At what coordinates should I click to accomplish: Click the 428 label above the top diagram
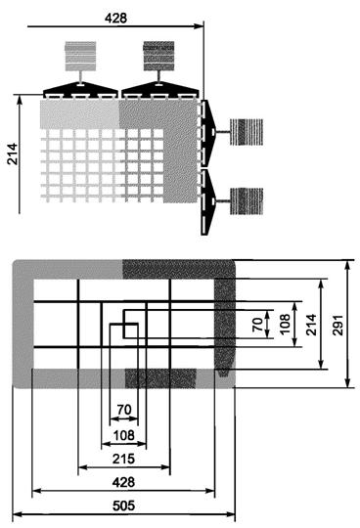pyautogui.click(x=115, y=18)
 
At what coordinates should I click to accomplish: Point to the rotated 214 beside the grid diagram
pyautogui.click(x=13, y=154)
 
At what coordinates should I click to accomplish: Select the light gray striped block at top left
pyautogui.click(x=80, y=56)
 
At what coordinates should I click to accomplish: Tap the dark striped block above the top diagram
pyautogui.click(x=158, y=56)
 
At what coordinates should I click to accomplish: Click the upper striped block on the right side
pyautogui.click(x=247, y=132)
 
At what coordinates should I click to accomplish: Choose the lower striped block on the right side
pyautogui.click(x=247, y=201)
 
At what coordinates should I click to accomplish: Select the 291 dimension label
pyautogui.click(x=337, y=325)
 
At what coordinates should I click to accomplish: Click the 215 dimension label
pyautogui.click(x=123, y=459)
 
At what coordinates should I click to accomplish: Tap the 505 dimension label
pyautogui.click(x=123, y=506)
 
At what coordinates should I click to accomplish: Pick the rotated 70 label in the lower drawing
pyautogui.click(x=257, y=325)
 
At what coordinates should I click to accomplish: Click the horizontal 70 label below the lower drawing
pyautogui.click(x=124, y=410)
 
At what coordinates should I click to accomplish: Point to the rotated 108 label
pyautogui.click(x=285, y=324)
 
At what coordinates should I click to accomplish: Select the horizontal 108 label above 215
pyautogui.click(x=124, y=435)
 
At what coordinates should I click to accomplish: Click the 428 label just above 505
pyautogui.click(x=123, y=482)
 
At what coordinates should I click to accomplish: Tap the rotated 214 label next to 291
pyautogui.click(x=311, y=325)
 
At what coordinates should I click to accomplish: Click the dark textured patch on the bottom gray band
pyautogui.click(x=160, y=378)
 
